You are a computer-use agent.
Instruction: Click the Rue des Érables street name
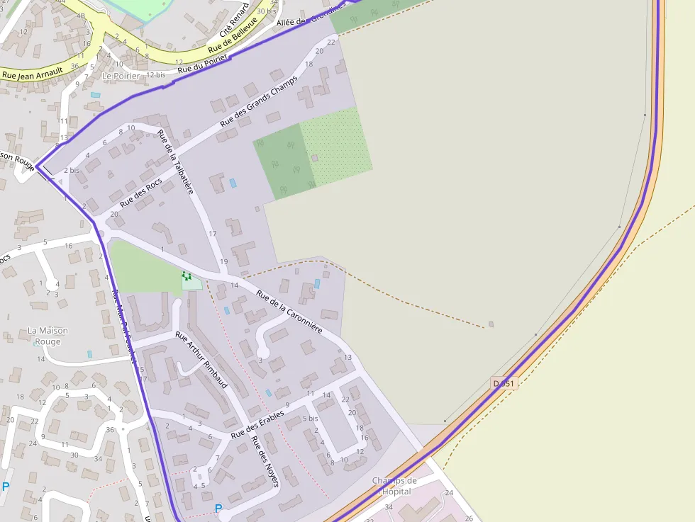257,424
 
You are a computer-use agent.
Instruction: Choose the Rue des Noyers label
265,461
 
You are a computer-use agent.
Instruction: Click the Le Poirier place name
121,75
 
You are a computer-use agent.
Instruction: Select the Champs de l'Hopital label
394,486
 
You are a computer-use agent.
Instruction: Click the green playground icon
187,276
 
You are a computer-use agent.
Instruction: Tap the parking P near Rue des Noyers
218,508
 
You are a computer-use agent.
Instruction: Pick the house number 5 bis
311,419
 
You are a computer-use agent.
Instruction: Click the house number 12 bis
156,74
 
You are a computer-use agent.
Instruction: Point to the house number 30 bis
267,11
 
